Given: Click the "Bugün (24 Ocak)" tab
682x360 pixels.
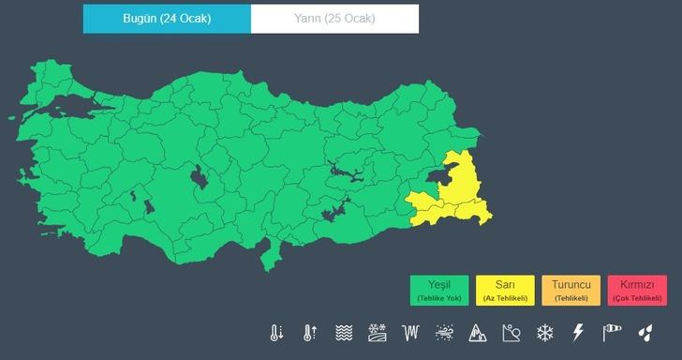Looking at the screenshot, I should (167, 19).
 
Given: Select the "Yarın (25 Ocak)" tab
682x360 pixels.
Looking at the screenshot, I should (335, 19).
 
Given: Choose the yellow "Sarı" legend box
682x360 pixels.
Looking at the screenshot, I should (505, 289).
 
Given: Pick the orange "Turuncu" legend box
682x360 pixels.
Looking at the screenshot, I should (571, 289).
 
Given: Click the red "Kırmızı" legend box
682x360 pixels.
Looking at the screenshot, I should (636, 289).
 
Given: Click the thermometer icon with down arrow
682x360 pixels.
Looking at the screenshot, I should (276, 333).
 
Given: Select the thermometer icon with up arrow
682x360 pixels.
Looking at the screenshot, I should (308, 333).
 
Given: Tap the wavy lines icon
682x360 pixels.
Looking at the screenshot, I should (344, 333).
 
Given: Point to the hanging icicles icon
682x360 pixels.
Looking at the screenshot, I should (409, 333).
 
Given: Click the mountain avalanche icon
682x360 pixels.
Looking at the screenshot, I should (477, 333).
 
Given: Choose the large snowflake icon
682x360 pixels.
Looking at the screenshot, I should (544, 333).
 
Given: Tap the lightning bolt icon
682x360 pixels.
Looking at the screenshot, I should (578, 333).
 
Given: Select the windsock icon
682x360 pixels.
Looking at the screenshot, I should (612, 333).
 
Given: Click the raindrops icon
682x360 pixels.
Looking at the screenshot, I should (645, 333).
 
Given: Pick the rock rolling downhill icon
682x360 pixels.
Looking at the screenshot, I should (511, 333).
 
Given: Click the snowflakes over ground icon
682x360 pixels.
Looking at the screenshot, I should (377, 333).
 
